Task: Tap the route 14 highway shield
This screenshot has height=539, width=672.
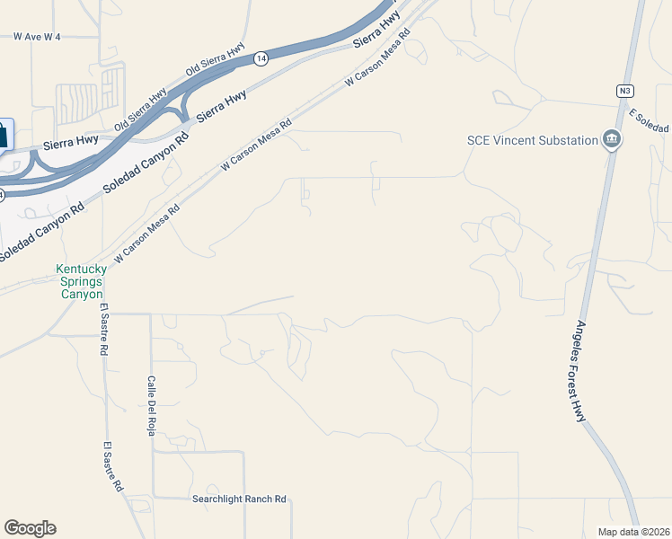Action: [261, 58]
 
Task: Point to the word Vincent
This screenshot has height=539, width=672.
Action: [515, 140]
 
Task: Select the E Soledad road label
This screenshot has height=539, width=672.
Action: [650, 122]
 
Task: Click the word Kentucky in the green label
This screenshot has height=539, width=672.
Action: [81, 269]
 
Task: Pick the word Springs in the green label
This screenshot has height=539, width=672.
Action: [81, 281]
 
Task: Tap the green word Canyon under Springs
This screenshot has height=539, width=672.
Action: [81, 294]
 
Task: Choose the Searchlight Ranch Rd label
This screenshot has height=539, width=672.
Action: [239, 499]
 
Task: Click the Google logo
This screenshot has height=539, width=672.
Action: [30, 528]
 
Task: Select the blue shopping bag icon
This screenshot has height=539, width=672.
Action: [4, 136]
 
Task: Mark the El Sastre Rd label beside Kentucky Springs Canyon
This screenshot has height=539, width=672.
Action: [104, 332]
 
